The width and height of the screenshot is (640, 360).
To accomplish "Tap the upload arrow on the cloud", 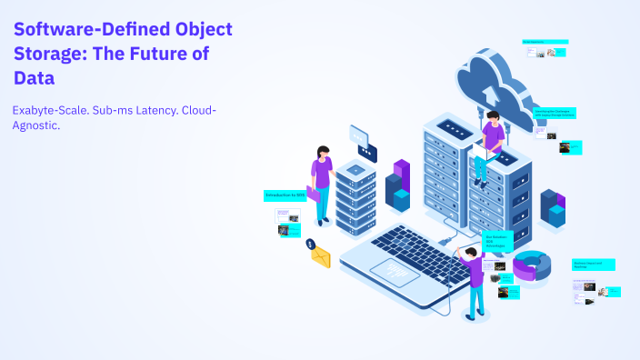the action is [x=491, y=91].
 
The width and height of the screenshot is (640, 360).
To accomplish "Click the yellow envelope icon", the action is [x=320, y=257].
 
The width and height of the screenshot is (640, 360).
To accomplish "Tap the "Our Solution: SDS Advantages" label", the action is [x=497, y=241].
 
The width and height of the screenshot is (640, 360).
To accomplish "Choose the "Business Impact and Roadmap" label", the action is [x=593, y=265].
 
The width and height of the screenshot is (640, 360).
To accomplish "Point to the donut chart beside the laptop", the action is [x=532, y=265].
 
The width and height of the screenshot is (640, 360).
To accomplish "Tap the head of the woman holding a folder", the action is [x=322, y=152].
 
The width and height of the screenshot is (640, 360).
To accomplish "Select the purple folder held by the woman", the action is [x=314, y=193].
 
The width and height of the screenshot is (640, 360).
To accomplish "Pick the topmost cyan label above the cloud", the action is [x=545, y=42].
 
